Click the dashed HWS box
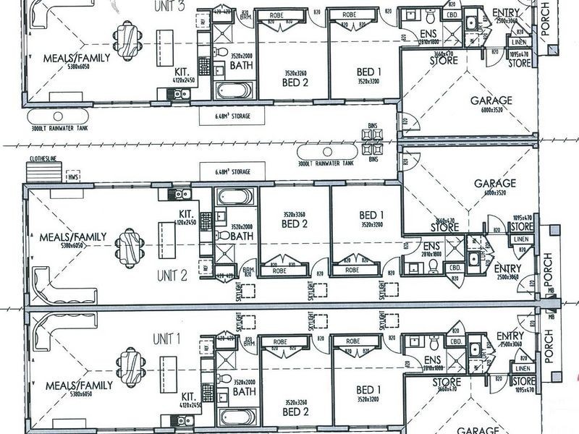click(x=72, y=176)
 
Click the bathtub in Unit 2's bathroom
click(x=234, y=198)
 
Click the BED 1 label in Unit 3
click(x=369, y=72)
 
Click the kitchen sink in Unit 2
click(x=179, y=194)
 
